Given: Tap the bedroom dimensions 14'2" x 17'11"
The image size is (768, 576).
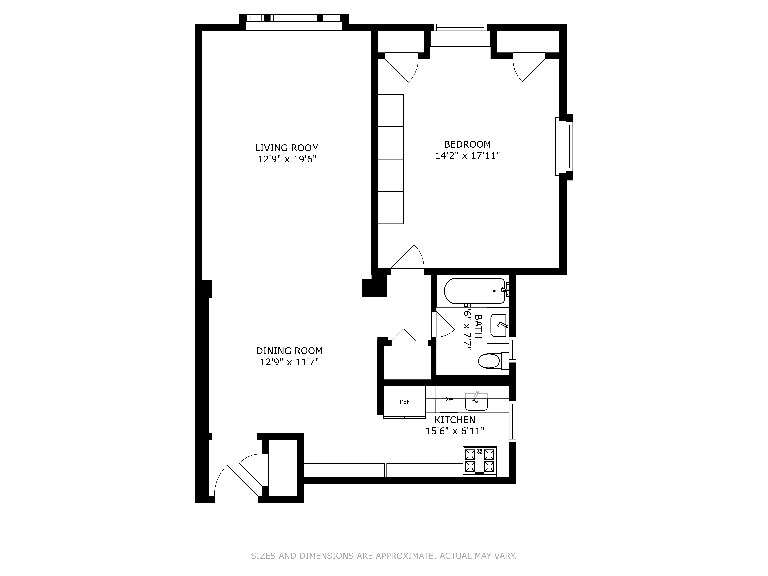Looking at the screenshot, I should [x=467, y=156].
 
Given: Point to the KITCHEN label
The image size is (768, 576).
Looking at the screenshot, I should [x=455, y=420].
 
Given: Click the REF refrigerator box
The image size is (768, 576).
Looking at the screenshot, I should [x=404, y=402].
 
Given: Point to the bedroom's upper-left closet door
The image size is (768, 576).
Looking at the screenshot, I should [x=403, y=68].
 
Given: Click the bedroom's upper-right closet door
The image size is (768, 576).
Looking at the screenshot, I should [x=528, y=68].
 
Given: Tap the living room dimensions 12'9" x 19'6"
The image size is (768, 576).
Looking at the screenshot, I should [x=287, y=159].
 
